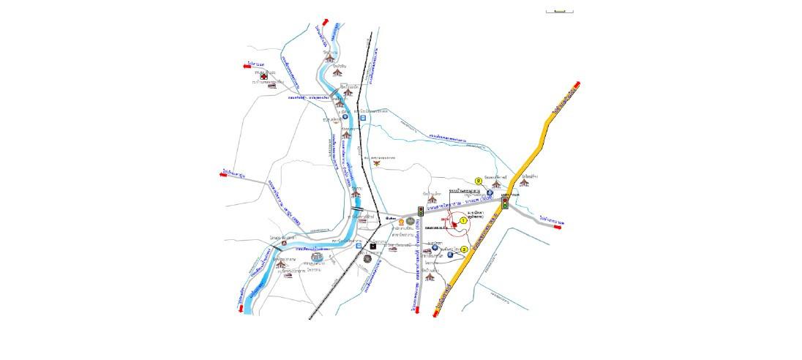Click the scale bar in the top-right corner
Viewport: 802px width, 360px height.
click(560, 12)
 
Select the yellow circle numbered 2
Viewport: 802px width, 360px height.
click(478, 180)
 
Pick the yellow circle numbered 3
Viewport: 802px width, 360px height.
click(464, 249)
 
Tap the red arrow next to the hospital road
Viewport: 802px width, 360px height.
click(247, 66)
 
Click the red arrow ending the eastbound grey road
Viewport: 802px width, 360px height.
click(557, 227)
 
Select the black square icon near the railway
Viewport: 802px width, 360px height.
click(374, 247)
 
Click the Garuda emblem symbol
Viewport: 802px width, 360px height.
click(377, 163)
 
